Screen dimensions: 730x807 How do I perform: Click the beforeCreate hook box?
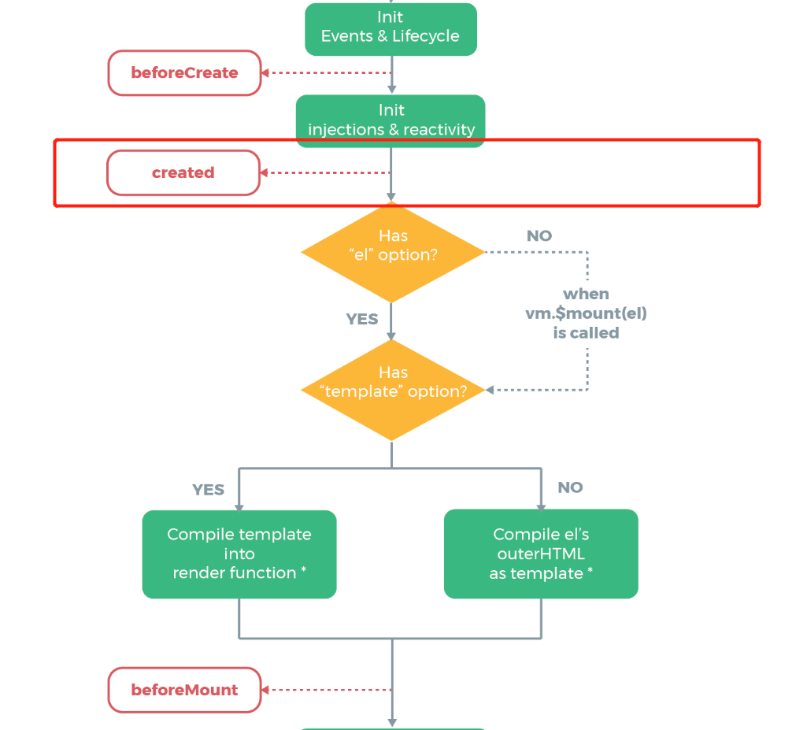coord(184,73)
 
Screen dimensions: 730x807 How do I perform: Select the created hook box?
coord(183,172)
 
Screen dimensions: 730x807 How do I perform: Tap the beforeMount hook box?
coord(184,690)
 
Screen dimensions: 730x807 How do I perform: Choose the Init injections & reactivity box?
coord(391,120)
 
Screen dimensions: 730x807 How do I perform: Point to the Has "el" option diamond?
coord(392,252)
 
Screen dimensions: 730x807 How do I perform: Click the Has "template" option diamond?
coord(392,390)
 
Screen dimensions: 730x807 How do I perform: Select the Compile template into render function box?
coord(239,554)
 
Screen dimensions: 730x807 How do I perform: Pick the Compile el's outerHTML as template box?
coord(540,554)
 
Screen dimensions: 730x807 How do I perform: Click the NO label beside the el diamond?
coord(539,235)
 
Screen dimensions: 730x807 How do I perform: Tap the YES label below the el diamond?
coord(362,319)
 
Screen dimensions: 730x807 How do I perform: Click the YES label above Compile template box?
coord(209,490)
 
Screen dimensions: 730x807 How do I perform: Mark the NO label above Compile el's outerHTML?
coord(570,487)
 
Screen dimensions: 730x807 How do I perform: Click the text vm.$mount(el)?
coord(586,313)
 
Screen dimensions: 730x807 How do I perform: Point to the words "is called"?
coord(586,333)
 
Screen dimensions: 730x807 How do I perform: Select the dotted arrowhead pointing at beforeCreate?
coord(266,73)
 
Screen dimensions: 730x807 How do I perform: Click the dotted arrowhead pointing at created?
coord(265,172)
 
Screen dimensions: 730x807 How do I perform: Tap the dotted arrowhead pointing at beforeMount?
coord(266,690)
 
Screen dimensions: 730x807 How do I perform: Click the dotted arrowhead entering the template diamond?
coord(490,390)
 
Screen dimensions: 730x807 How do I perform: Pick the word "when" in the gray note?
coord(586,294)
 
